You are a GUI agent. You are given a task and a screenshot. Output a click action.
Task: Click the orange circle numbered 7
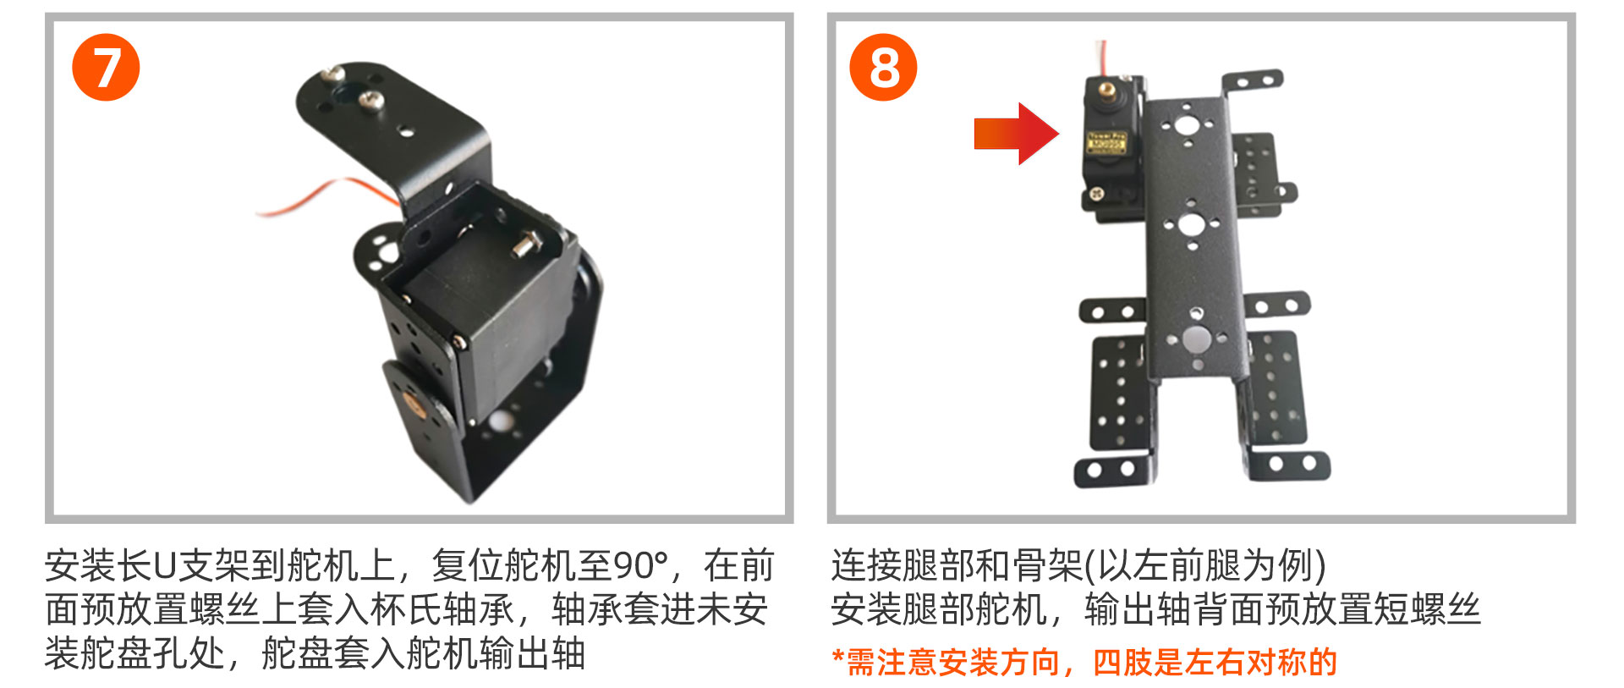click(106, 67)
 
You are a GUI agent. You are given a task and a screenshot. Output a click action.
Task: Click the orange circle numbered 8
click(883, 67)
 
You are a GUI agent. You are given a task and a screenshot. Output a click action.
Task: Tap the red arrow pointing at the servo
click(1016, 134)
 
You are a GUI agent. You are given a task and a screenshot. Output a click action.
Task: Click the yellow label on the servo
click(1106, 143)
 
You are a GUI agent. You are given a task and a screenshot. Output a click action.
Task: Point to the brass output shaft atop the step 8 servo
click(1103, 87)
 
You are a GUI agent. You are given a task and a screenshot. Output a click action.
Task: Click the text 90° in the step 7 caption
click(640, 565)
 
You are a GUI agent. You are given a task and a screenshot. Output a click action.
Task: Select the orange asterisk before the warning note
click(838, 657)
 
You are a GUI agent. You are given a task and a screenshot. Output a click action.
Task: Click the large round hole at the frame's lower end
click(1195, 340)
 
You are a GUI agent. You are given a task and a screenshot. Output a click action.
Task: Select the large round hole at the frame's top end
click(1186, 127)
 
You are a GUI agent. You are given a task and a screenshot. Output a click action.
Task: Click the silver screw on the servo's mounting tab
click(1097, 194)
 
